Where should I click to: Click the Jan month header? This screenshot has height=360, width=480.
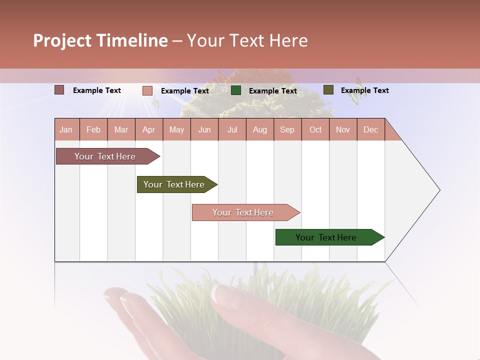pyautogui.click(x=66, y=130)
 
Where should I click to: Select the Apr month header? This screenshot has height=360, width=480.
pyautogui.click(x=149, y=130)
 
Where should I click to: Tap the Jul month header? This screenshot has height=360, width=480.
pyautogui.click(x=232, y=130)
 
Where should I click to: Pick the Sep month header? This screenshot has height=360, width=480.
pyautogui.click(x=287, y=130)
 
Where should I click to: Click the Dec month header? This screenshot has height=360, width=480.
pyautogui.click(x=370, y=130)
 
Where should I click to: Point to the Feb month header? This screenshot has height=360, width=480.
pyautogui.click(x=93, y=130)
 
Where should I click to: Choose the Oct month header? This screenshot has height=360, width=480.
pyautogui.click(x=315, y=130)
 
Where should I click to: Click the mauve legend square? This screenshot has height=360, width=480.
pyautogui.click(x=59, y=90)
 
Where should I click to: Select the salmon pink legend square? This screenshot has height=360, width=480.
pyautogui.click(x=147, y=90)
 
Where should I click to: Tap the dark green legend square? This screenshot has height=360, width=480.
pyautogui.click(x=236, y=90)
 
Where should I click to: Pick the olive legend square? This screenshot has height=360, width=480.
pyautogui.click(x=328, y=90)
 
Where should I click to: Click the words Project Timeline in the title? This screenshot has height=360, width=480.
pyautogui.click(x=100, y=40)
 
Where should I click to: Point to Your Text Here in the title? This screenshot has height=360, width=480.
pyautogui.click(x=247, y=40)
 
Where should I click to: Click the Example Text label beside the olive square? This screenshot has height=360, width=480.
pyautogui.click(x=364, y=90)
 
